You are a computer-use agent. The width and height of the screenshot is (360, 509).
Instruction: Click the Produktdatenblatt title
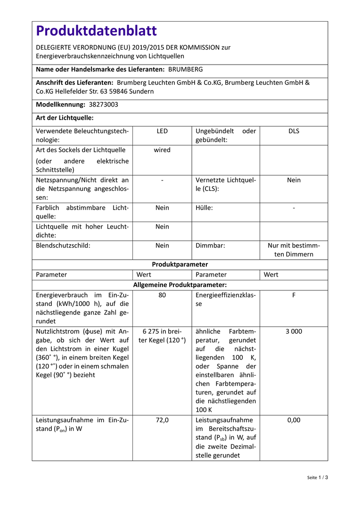96,31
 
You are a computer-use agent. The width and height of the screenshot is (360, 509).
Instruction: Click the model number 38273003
103,105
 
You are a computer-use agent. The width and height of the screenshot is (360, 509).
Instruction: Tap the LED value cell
162,131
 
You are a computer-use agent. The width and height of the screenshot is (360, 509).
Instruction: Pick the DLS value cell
294,131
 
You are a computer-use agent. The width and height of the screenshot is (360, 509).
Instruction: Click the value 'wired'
162,150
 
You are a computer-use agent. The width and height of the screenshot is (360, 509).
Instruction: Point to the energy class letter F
294,295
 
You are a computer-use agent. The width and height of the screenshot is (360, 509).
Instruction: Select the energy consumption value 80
162,295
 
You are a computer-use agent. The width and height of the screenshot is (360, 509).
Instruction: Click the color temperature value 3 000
294,331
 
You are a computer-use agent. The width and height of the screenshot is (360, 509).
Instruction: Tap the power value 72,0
162,420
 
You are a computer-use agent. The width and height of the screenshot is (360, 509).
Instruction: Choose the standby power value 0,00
294,420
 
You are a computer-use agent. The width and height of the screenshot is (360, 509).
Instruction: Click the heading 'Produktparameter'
180,264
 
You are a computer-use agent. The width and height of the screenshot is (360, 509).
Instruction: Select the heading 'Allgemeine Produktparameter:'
180,285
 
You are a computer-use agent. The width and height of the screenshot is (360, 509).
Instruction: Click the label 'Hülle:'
204,208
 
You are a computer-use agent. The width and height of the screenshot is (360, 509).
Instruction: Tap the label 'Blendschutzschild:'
63,246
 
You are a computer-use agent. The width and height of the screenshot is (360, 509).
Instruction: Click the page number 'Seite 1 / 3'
317,477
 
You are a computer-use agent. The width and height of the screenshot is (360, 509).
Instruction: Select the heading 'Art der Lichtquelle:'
65,118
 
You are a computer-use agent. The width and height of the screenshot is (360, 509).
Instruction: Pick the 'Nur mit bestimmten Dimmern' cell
294,250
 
